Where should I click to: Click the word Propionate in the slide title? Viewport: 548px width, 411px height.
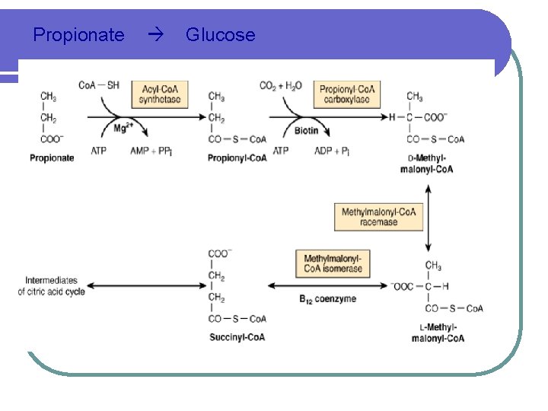(x=79, y=35)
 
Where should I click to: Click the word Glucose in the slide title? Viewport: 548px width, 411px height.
(x=221, y=35)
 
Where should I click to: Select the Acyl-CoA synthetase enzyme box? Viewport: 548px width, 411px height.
(x=160, y=94)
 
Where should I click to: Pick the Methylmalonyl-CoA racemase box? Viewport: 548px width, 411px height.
(x=379, y=217)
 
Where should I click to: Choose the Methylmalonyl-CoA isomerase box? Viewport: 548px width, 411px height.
(x=333, y=263)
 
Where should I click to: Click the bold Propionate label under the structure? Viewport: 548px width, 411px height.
(x=53, y=158)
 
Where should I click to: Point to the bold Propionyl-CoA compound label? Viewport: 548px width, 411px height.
(x=237, y=158)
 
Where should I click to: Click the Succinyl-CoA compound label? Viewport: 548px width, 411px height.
(x=236, y=337)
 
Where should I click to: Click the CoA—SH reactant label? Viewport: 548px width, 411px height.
(x=99, y=84)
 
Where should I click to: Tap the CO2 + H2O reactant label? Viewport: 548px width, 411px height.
(x=281, y=85)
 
